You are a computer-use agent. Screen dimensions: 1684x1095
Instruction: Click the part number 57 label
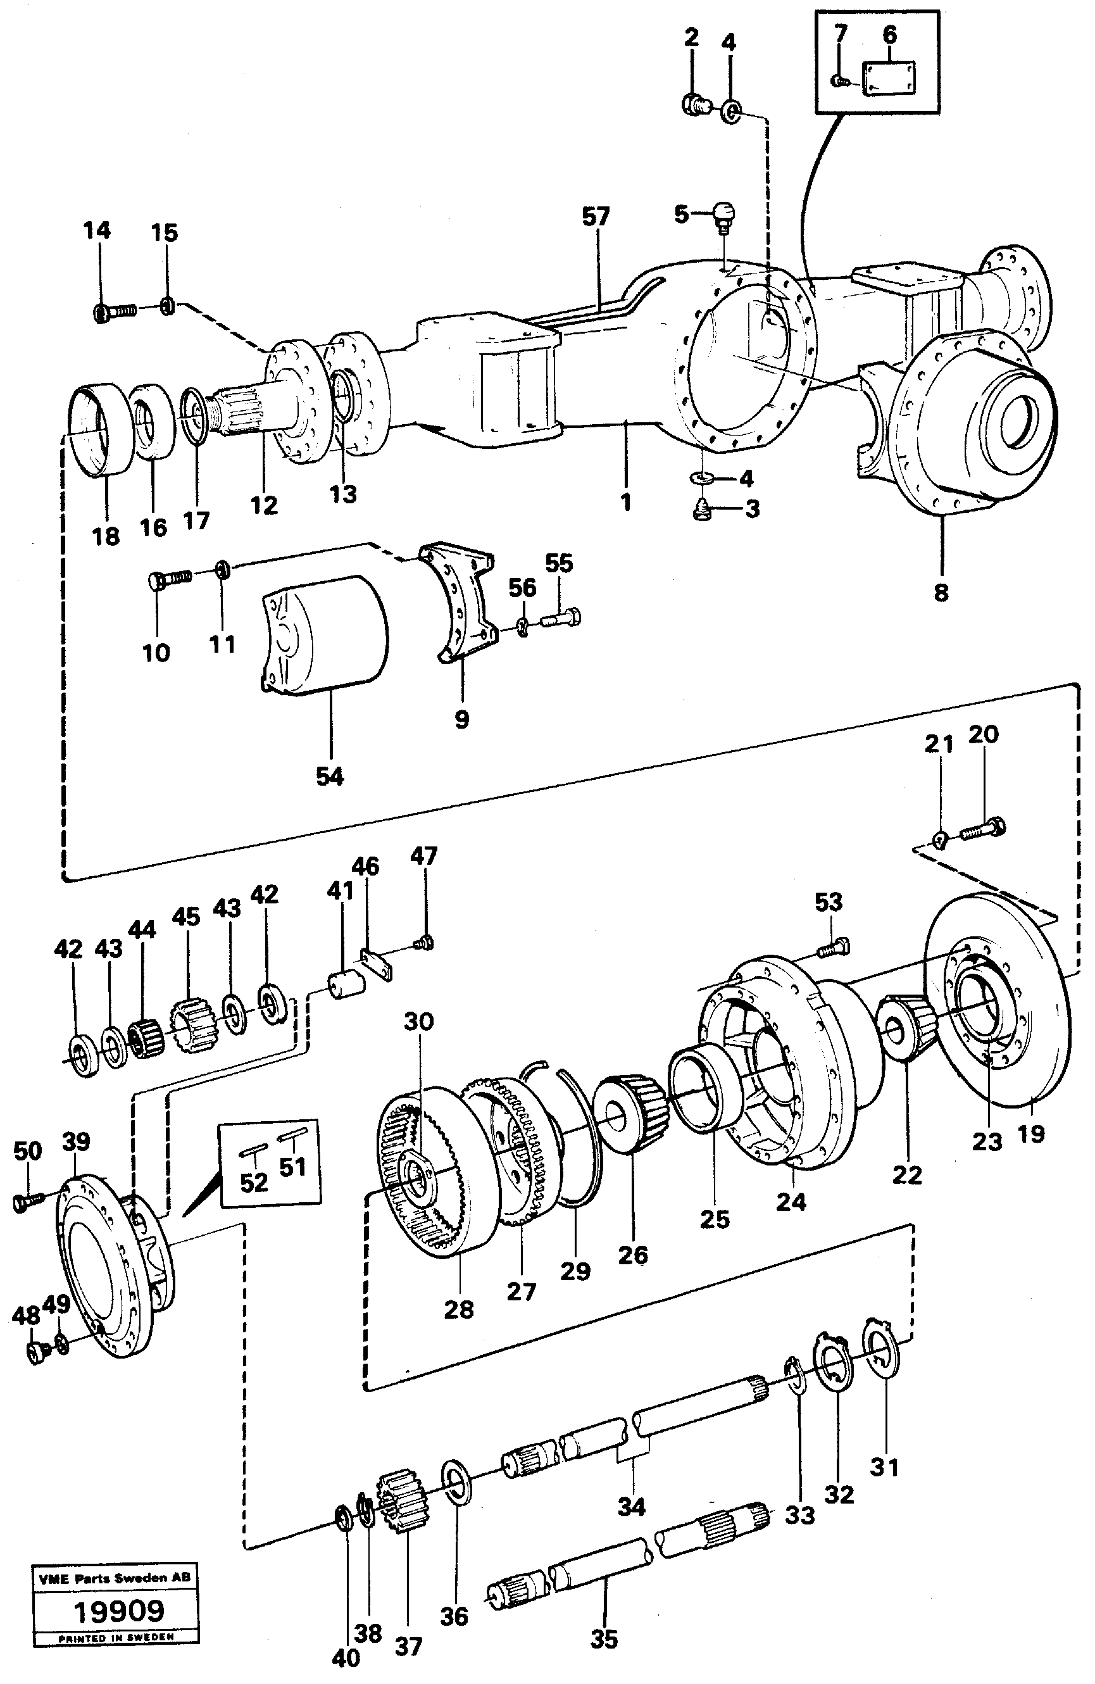pos(596,217)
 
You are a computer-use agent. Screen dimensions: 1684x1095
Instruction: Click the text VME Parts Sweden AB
pos(114,1578)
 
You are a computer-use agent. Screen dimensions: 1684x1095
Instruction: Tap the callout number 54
pos(330,776)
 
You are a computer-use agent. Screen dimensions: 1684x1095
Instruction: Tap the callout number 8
pos(941,591)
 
